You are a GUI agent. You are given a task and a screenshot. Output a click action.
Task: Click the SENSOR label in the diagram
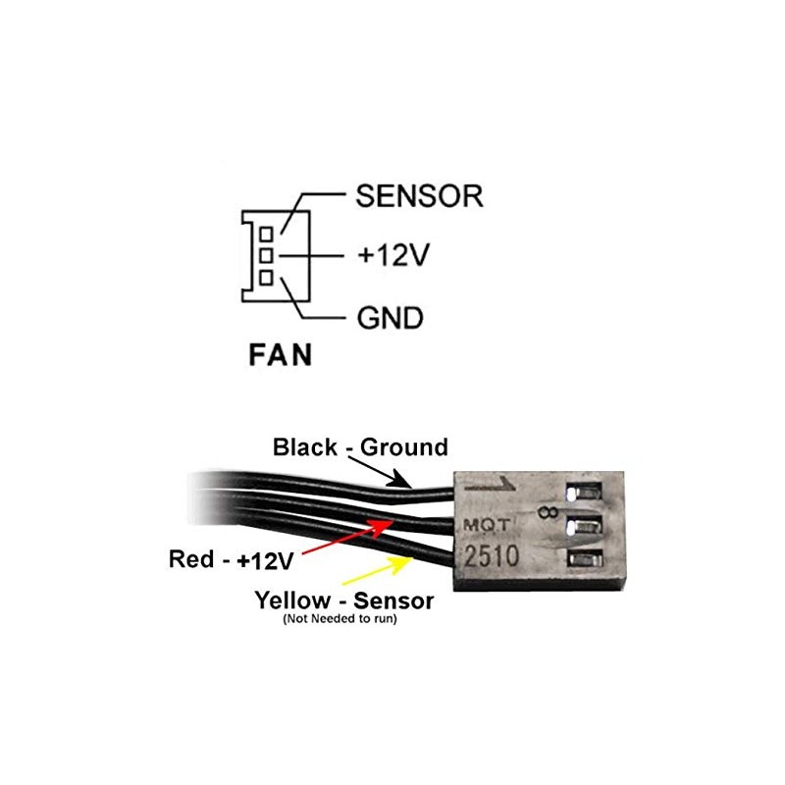click(x=419, y=195)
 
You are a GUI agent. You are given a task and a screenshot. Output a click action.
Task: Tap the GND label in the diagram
click(x=389, y=318)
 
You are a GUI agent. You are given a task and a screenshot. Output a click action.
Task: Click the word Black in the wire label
click(x=303, y=447)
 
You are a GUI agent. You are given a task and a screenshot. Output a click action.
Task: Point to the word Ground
click(x=404, y=447)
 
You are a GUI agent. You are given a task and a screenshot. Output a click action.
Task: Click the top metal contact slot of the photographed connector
click(x=581, y=488)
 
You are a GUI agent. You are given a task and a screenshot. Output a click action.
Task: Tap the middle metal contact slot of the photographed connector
click(x=581, y=525)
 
